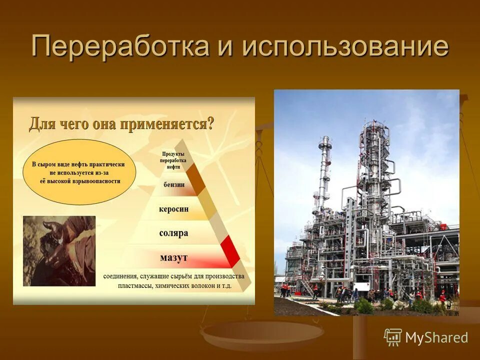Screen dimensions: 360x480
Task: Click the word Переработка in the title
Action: (120, 47)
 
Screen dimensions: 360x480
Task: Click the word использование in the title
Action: (345, 47)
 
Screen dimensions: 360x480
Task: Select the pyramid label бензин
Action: (174, 184)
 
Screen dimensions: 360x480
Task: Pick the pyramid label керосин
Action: (173, 209)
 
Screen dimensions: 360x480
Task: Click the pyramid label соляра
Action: (173, 233)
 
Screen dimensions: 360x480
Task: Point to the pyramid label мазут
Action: (173, 257)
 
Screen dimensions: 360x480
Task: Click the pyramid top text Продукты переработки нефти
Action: (173, 160)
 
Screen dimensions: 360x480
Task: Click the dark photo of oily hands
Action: (59, 250)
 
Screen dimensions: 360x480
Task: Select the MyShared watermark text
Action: (436, 337)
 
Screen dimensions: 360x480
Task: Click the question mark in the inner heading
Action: (210, 123)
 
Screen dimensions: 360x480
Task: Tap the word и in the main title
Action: (226, 47)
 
